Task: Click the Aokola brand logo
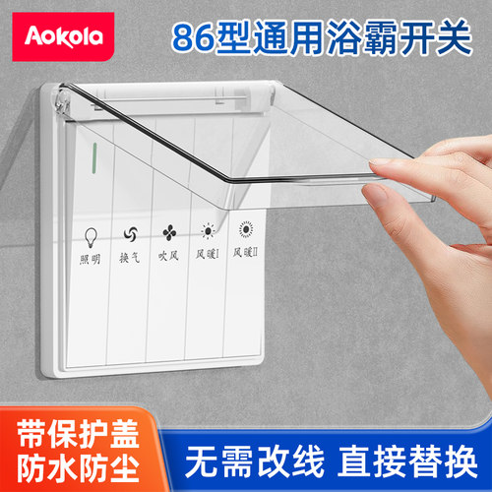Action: tap(63, 36)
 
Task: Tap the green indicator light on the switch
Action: tap(94, 157)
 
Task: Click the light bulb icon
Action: tap(91, 237)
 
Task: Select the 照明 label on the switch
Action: tap(90, 259)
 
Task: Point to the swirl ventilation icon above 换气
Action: tap(131, 234)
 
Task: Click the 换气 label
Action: tap(129, 258)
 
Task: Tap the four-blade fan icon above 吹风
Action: tap(169, 233)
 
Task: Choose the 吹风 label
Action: tap(168, 256)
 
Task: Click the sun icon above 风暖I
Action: tap(208, 231)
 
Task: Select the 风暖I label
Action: tap(208, 254)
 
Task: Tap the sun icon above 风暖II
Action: tap(246, 228)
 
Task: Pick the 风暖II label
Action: tap(245, 252)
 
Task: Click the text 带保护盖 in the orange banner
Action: tap(78, 434)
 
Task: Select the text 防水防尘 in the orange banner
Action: tap(78, 468)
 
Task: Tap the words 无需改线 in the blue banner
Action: tap(255, 461)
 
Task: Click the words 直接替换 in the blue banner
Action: tap(407, 461)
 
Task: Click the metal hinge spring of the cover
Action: tap(62, 101)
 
